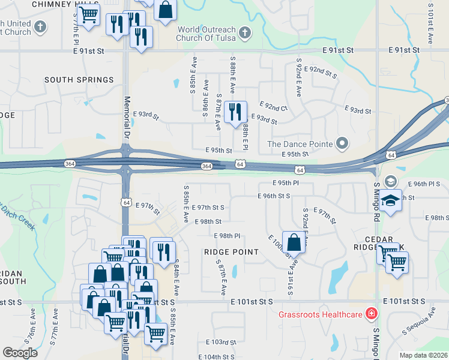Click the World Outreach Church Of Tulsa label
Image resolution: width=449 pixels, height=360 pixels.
[205, 33]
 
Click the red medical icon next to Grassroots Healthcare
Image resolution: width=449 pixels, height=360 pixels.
[372, 314]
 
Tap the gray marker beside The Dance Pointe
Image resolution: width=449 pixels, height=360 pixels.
[342, 143]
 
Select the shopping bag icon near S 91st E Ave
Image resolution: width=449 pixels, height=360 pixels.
[294, 243]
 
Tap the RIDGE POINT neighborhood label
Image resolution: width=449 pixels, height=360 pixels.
[231, 253]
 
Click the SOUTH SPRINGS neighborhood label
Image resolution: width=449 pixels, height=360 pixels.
[79, 80]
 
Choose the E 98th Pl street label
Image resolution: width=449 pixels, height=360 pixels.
[226, 236]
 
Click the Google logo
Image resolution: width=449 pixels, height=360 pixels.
[20, 353]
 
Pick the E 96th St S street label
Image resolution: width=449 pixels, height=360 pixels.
[274, 196]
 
